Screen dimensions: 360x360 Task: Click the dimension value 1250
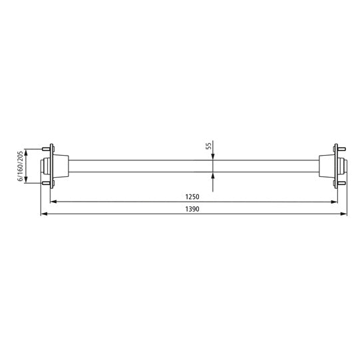194,196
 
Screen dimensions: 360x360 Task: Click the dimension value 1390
194,209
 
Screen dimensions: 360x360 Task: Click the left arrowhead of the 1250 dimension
55,201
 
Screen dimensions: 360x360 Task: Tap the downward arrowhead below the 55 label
212,156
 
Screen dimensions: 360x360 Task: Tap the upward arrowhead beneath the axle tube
212,175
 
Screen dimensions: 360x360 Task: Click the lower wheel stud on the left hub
47,183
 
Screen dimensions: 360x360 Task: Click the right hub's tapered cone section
326,166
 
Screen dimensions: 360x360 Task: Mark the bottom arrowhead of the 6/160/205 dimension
27,181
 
